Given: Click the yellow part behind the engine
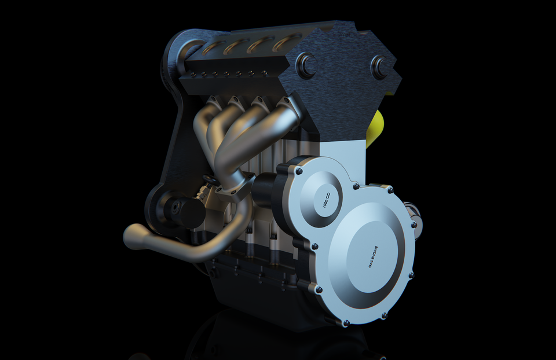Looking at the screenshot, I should [377, 127].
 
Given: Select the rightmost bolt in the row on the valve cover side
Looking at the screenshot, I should [265, 74].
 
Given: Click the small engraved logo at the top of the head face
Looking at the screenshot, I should [345, 34].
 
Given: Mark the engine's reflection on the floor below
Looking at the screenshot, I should [278, 341].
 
